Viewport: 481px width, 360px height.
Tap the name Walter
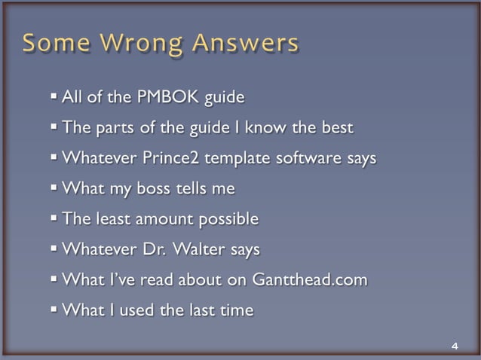208,249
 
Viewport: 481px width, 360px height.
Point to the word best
335,128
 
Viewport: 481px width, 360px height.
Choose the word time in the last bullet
237,310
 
